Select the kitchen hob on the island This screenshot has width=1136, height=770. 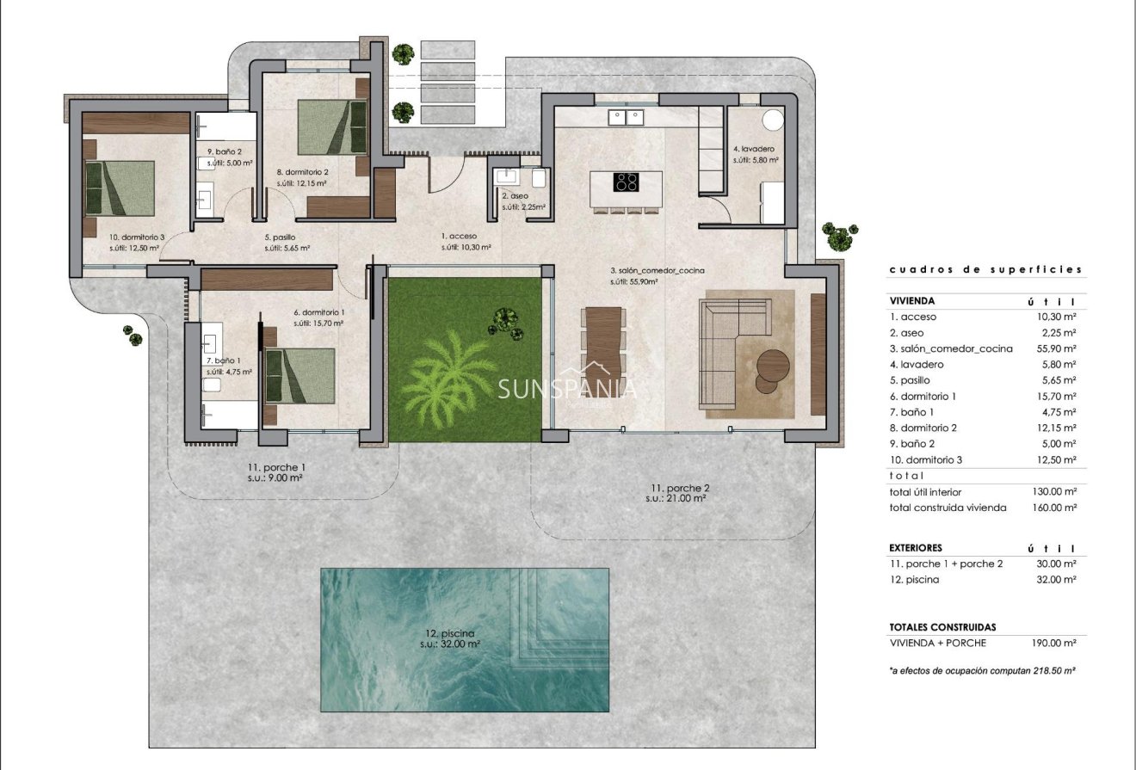point(626,182)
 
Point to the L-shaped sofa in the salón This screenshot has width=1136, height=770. point(732,353)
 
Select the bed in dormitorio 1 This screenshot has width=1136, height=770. point(299,375)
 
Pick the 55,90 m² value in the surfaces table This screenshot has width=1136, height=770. point(1058,348)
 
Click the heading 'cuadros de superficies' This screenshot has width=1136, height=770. point(985,270)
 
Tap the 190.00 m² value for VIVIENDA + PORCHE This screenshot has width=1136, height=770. point(1054,643)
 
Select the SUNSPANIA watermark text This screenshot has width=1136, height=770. point(568,389)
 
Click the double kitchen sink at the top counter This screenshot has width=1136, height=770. point(625,116)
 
